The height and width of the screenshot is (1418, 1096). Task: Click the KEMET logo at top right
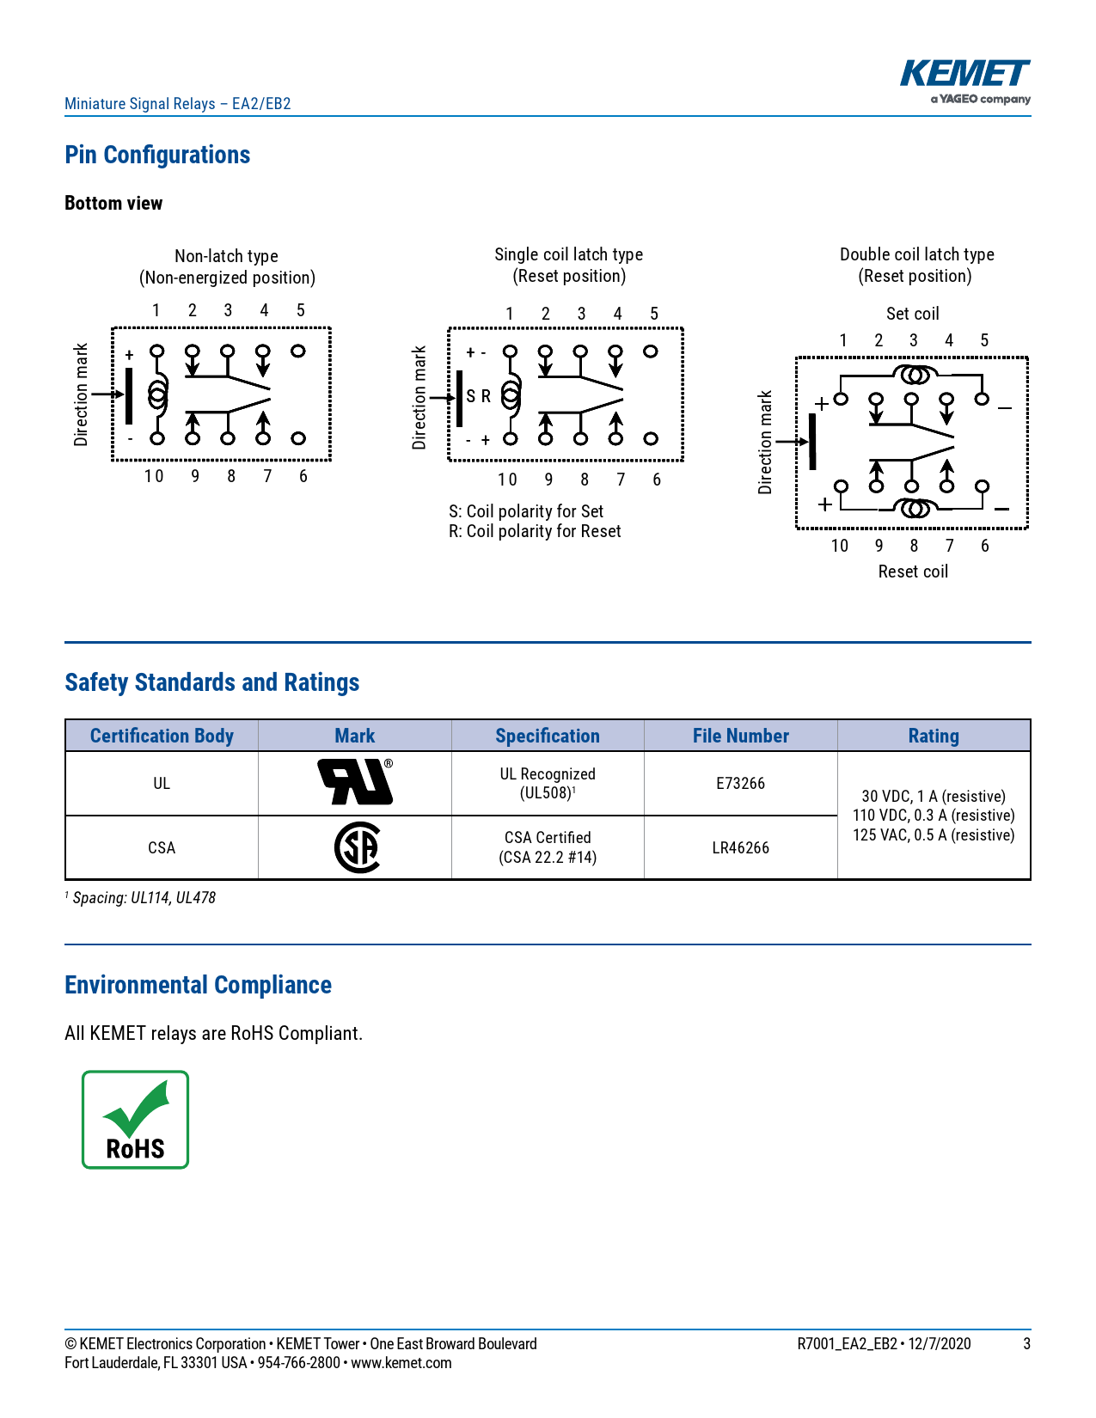pyautogui.click(x=964, y=82)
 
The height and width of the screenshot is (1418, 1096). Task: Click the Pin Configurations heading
pyautogui.click(x=157, y=156)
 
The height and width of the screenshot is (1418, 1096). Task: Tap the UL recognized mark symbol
pyautogui.click(x=355, y=782)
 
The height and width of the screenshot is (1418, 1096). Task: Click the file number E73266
pyautogui.click(x=740, y=783)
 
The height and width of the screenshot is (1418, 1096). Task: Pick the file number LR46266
pyautogui.click(x=740, y=848)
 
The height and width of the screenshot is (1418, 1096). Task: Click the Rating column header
pyautogui.click(x=934, y=737)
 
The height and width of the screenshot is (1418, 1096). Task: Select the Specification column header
pyautogui.click(x=548, y=737)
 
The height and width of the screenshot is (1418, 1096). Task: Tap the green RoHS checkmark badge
pyautogui.click(x=135, y=1119)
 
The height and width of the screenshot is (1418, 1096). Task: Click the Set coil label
pyautogui.click(x=912, y=314)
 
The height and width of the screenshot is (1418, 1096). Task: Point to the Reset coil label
pyautogui.click(x=913, y=571)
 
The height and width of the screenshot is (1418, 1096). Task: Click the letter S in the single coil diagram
pyautogui.click(x=471, y=397)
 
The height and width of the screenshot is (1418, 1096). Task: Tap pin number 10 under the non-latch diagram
pyautogui.click(x=154, y=476)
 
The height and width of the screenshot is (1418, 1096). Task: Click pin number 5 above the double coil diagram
pyautogui.click(x=984, y=340)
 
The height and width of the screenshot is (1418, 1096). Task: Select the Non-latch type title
pyautogui.click(x=226, y=256)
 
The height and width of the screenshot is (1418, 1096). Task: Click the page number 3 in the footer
pyautogui.click(x=1026, y=1344)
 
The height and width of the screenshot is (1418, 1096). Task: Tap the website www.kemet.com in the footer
pyautogui.click(x=401, y=1363)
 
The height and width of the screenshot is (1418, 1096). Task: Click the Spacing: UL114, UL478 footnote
pyautogui.click(x=144, y=898)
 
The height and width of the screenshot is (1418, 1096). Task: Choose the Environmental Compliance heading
pyautogui.click(x=198, y=985)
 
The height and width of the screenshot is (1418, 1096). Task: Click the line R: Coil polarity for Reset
pyautogui.click(x=535, y=532)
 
